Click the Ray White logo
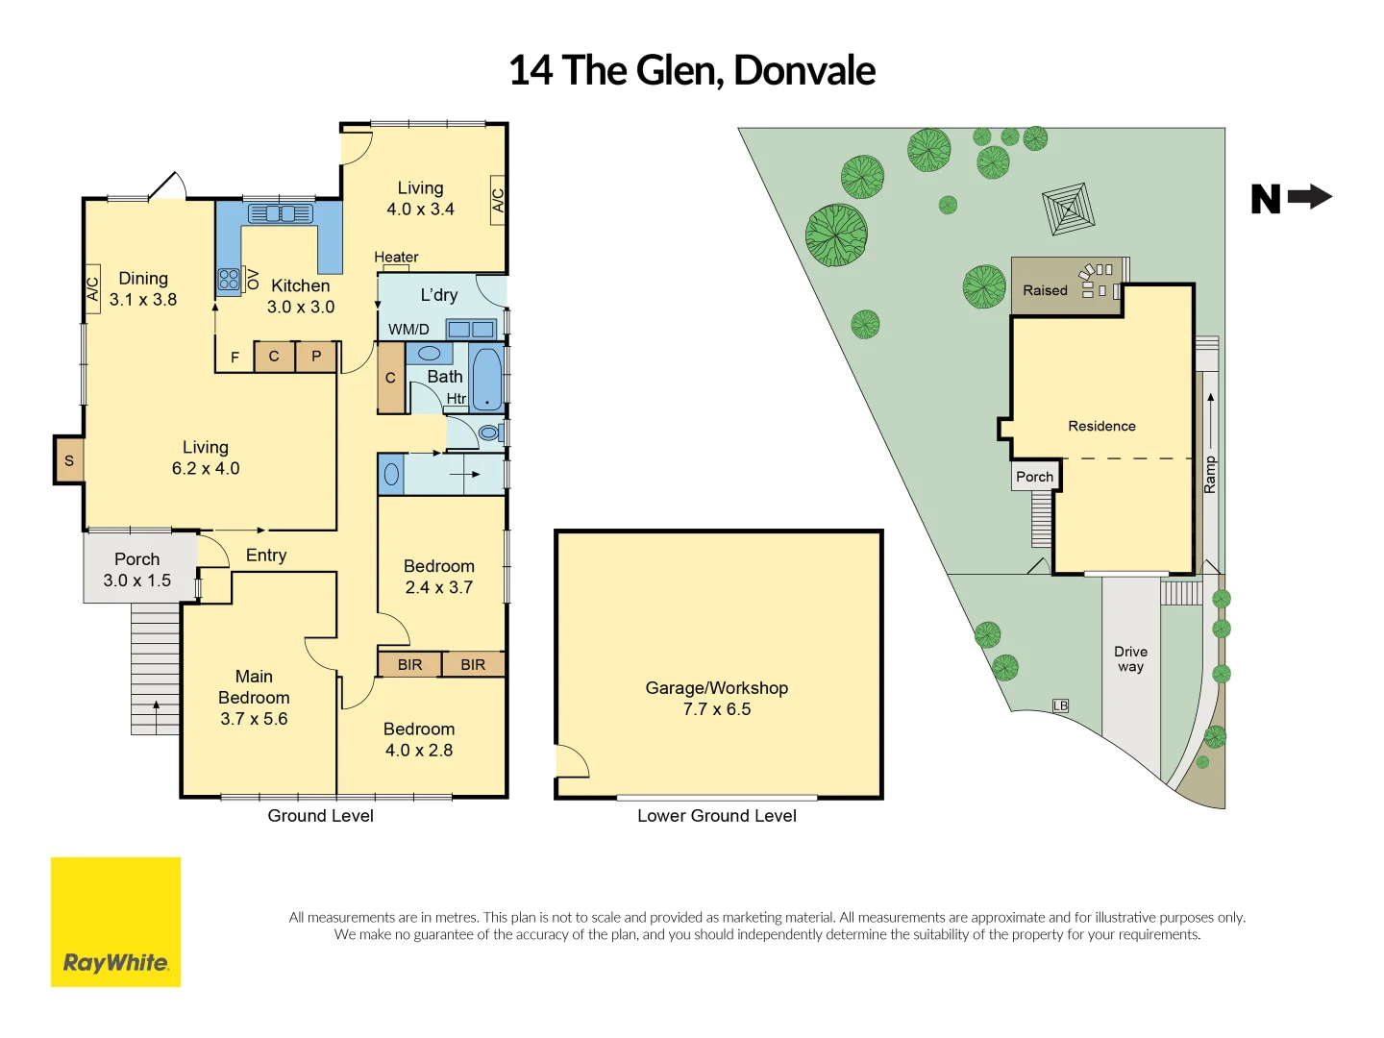point(115,922)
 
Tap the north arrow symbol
point(1292,198)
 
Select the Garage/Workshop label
point(717,699)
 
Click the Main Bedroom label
point(254,697)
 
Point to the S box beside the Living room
point(69,460)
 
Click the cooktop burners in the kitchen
point(229,279)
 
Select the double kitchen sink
point(280,213)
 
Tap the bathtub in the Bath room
point(487,380)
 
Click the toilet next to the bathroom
point(489,433)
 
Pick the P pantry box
point(316,357)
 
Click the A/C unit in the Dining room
point(93,289)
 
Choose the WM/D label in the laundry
point(408,329)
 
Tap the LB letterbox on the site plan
point(1060,705)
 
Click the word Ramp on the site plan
point(1210,475)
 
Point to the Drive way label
point(1130,658)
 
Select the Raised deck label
point(1045,290)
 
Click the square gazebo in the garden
point(1069,209)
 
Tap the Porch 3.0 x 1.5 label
point(137,569)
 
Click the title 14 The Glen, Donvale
point(692,70)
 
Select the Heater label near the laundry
point(396,257)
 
